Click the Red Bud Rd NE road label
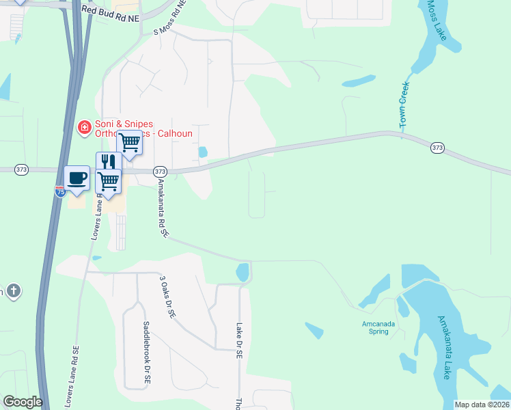coord(111,10)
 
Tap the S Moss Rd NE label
coord(171,19)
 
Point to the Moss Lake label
coord(437,20)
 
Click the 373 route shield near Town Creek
coord(438,147)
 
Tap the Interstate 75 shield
coord(60,193)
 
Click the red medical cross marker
coord(84,127)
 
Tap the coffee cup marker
coord(77,178)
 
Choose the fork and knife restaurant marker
coord(108,162)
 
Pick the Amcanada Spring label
coord(375,328)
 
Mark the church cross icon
coord(14,292)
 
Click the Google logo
coord(23,402)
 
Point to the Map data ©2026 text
coord(482,405)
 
